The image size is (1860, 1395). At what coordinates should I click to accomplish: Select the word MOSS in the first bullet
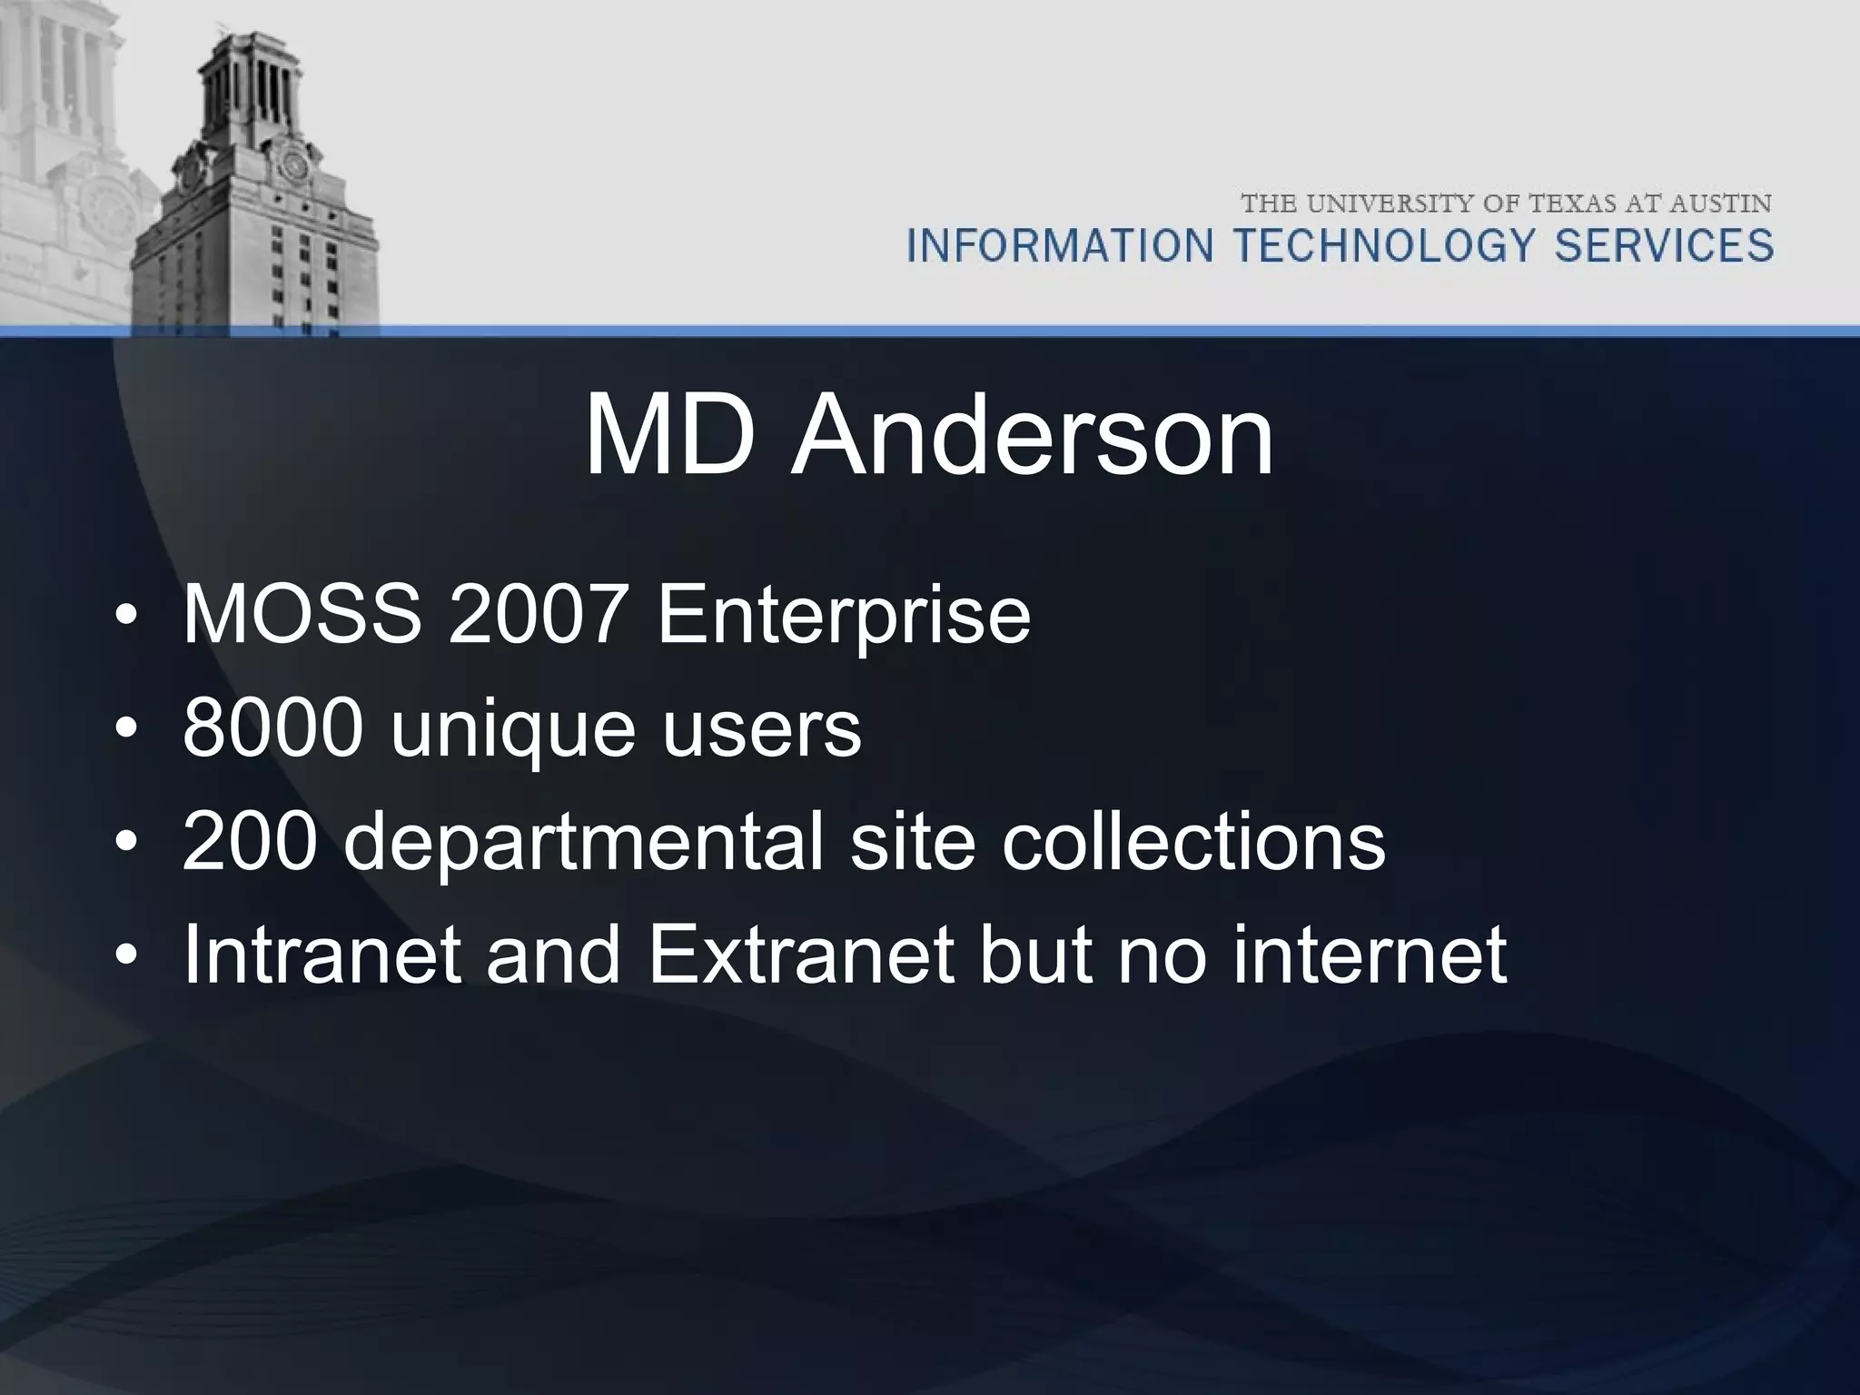[x=302, y=615]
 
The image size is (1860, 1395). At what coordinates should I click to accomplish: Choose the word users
[x=761, y=729]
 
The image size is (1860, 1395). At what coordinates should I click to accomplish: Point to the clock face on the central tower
[x=293, y=165]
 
